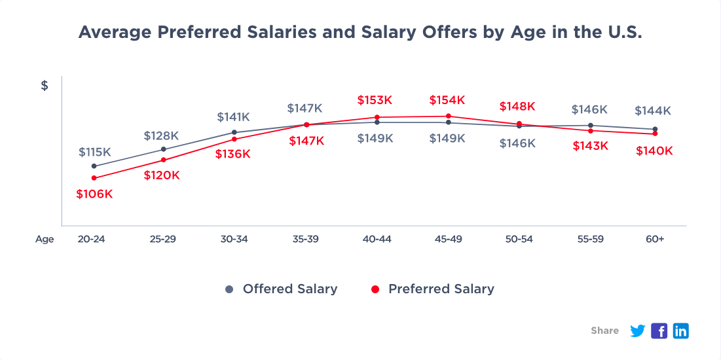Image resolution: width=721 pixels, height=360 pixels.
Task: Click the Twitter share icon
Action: pos(637,331)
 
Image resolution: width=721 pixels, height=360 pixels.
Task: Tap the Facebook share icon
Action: pos(659,331)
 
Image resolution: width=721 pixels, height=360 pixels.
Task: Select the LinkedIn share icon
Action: pos(681,331)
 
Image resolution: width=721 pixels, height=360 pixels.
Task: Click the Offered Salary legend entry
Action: pos(282,289)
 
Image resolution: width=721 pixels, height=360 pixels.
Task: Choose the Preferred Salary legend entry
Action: pos(433,289)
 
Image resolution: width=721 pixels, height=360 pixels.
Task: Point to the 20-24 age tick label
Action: pos(91,239)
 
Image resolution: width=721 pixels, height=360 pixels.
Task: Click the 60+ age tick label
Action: pos(655,239)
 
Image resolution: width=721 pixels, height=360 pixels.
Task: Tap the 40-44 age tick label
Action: pos(377,239)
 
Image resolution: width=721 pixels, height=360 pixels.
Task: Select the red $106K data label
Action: pos(94,194)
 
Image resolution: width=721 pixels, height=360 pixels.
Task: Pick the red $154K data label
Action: pos(447,100)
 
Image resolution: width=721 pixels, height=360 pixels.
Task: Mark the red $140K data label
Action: pos(654,151)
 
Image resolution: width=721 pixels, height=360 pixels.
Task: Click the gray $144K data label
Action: pos(653,111)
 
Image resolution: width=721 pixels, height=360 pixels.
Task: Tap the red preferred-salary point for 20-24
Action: pos(94,178)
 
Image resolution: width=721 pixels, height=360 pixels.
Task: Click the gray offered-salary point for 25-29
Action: pos(163,149)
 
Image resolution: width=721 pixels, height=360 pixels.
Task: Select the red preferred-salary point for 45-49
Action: pos(448,117)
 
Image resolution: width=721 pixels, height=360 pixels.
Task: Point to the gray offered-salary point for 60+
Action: pos(655,129)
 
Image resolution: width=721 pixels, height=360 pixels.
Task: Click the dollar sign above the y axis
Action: pos(45,86)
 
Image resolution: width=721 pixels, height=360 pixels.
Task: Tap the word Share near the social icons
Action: pos(604,331)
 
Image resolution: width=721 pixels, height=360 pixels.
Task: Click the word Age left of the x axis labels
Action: pos(45,239)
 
